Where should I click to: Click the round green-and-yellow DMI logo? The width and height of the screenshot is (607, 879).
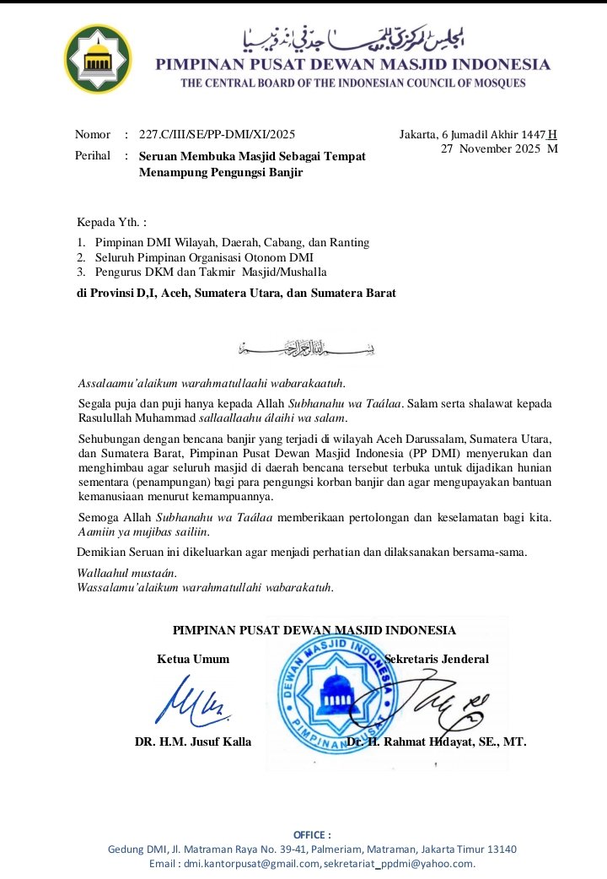click(x=99, y=59)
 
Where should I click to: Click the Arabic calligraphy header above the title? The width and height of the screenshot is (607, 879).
click(x=353, y=36)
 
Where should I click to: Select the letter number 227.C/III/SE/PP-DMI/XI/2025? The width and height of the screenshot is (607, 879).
click(x=217, y=134)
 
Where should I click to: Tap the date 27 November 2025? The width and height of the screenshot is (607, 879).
click(x=493, y=149)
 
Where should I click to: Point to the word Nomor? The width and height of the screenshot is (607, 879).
click(x=93, y=134)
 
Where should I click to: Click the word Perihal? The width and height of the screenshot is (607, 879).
click(x=93, y=156)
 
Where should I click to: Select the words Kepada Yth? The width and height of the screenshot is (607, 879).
click(x=111, y=223)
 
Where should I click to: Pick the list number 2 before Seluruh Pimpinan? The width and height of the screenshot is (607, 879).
click(x=81, y=256)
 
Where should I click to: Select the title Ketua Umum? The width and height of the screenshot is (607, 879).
click(x=193, y=659)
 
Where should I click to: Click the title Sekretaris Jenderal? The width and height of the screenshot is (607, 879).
click(x=436, y=659)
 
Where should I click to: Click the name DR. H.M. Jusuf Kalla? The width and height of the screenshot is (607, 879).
click(x=193, y=742)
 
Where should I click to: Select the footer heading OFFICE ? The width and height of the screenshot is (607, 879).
click(x=312, y=834)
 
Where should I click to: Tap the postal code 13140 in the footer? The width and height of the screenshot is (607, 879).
click(x=501, y=849)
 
